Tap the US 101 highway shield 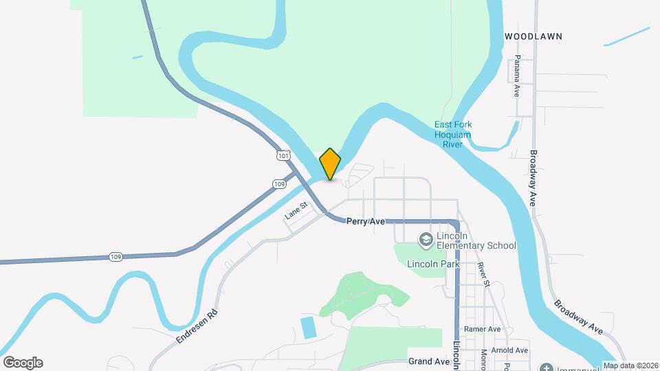pyautogui.click(x=283, y=156)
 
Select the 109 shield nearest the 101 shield pyautogui.click(x=278, y=183)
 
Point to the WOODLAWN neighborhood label pyautogui.click(x=533, y=36)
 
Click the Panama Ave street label pyautogui.click(x=516, y=76)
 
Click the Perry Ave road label pyautogui.click(x=365, y=221)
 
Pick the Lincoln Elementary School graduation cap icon pyautogui.click(x=426, y=238)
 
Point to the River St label pyautogui.click(x=483, y=273)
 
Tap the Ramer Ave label pyautogui.click(x=482, y=329)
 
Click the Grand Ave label pyautogui.click(x=428, y=361)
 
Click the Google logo pyautogui.click(x=23, y=363)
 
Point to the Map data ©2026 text pyautogui.click(x=629, y=366)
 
